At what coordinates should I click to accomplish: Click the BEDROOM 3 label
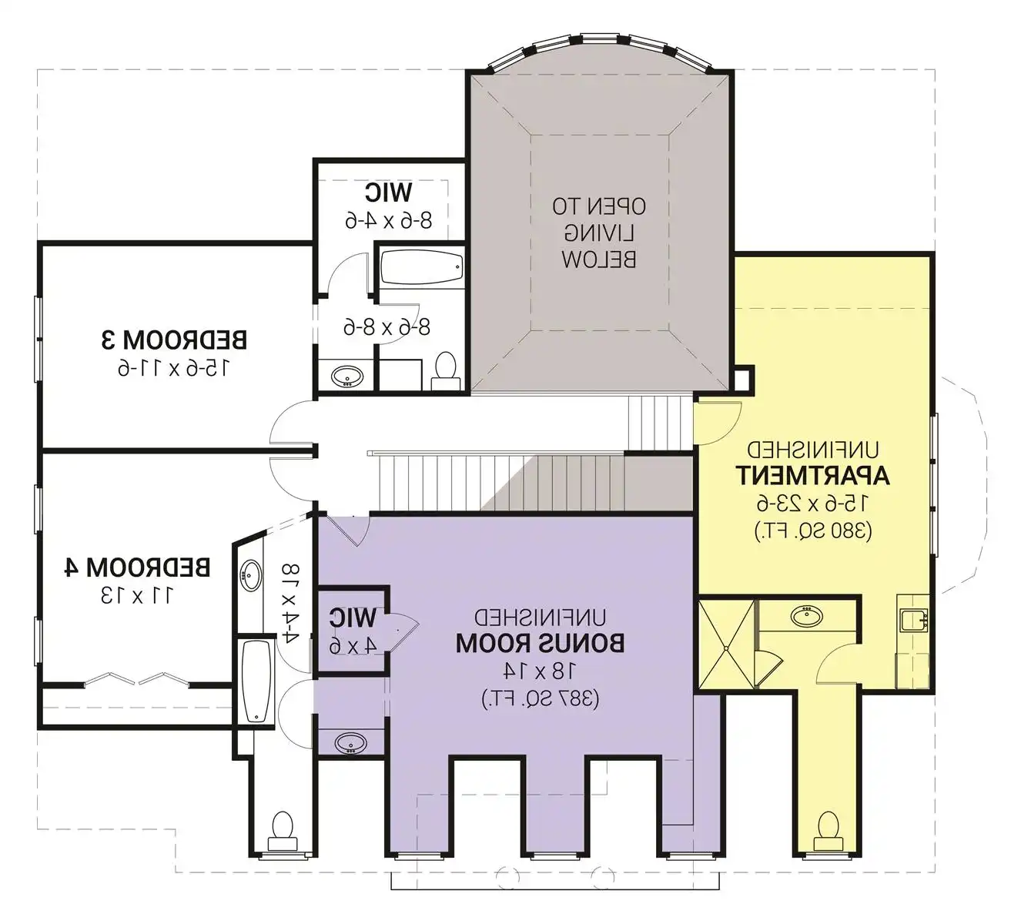point(174,340)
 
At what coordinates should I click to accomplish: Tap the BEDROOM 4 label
point(137,567)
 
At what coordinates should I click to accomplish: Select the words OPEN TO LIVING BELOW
point(599,233)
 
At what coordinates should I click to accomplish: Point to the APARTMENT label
point(813,475)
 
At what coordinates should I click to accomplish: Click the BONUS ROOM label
point(540,644)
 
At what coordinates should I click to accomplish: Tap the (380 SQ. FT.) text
point(813,531)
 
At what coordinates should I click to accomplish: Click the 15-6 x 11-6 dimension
point(174,367)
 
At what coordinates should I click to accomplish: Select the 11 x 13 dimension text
point(137,594)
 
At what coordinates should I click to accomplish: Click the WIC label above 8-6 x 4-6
point(388,192)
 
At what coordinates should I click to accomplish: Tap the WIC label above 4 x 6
point(352,618)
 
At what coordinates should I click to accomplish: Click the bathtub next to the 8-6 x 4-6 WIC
point(422,267)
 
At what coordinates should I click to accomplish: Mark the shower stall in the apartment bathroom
point(726,644)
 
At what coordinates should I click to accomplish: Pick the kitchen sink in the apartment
point(915,620)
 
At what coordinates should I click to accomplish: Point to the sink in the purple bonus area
point(351,743)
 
